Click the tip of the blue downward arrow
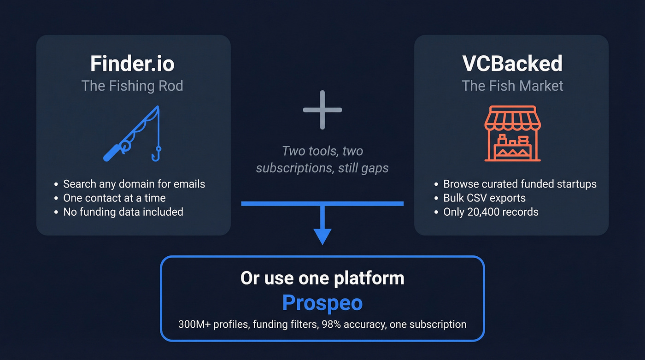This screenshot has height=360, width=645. pos(322,245)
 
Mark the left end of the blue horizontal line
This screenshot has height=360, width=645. pos(241,204)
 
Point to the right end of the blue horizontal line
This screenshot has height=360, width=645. pos(404,204)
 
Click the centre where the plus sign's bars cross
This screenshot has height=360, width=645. pos(322,110)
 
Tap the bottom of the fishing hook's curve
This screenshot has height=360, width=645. pos(156,160)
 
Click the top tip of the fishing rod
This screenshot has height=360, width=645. pos(158,106)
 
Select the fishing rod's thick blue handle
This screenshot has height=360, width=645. pos(111,153)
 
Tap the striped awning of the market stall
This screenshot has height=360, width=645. pos(512,118)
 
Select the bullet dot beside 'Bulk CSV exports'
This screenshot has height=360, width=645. pos(436,198)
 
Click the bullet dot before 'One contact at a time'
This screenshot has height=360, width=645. pos(56,198)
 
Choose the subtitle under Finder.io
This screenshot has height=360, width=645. pos(132,86)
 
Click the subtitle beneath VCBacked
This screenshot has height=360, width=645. pos(512,86)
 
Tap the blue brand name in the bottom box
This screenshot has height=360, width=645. pos(322,303)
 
